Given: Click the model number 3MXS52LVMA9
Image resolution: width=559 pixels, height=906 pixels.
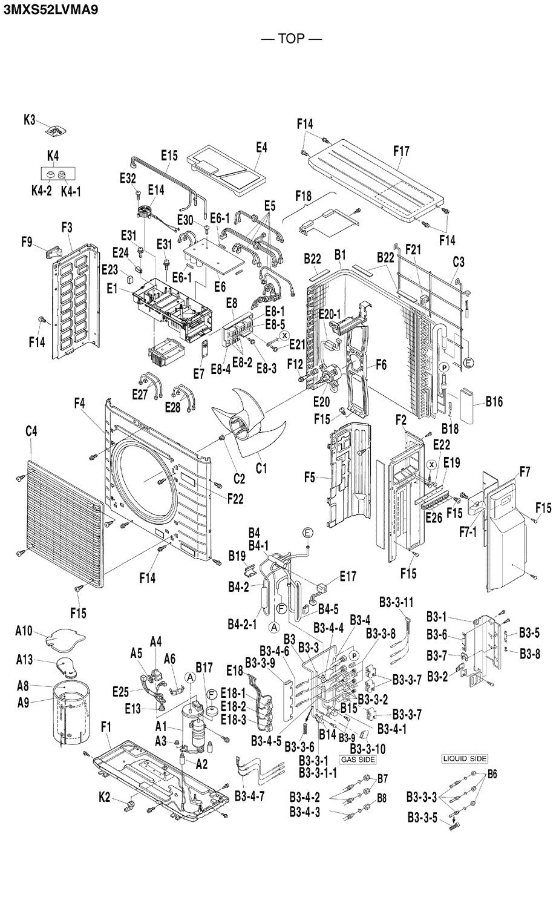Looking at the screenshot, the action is point(51,9).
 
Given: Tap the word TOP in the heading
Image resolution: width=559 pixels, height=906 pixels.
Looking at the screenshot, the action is point(291,39).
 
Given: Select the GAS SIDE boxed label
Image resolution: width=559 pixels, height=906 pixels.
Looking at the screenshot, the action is point(358,759).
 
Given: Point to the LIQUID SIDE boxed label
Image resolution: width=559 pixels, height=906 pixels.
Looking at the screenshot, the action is point(465,758).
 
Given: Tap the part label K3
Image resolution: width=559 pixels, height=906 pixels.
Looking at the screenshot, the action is point(30,120).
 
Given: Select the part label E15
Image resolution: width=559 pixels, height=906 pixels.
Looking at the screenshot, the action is point(169,156).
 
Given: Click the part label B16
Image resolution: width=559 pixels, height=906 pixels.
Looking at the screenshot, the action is point(494,402).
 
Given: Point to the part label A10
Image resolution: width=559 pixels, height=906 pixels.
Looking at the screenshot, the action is point(24,631).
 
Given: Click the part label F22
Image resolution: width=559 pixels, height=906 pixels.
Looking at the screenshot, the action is point(235,499).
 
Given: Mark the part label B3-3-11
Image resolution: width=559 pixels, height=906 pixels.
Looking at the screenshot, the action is point(396,602).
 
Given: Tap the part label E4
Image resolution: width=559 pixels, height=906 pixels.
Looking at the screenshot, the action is point(261,147).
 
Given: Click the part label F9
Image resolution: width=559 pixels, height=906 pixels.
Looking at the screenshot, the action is point(27,242).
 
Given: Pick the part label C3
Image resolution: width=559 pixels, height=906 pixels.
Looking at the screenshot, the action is point(459,262).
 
